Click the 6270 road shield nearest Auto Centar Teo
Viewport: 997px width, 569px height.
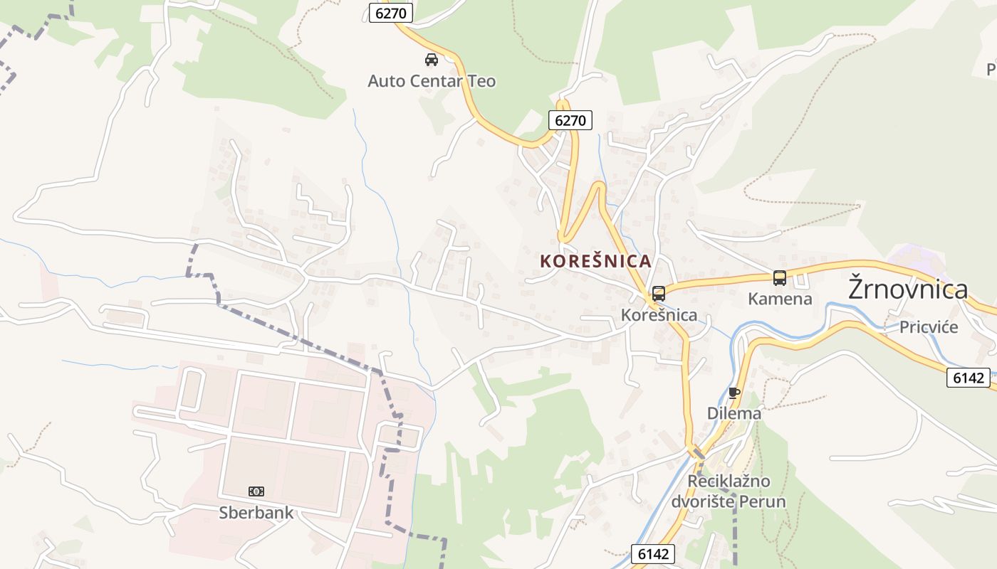(x=391, y=13)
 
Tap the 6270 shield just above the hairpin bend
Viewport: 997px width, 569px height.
(x=570, y=120)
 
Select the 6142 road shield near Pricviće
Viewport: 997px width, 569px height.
(x=969, y=378)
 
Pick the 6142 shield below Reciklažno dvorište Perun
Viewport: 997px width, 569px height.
(x=653, y=554)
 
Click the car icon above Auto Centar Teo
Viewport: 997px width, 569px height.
(x=432, y=59)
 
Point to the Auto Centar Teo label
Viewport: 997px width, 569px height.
(x=432, y=81)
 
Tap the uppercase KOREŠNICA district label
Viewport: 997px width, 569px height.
(x=596, y=261)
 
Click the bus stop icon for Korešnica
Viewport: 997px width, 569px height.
(x=659, y=293)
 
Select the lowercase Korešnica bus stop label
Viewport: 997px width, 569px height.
(x=659, y=314)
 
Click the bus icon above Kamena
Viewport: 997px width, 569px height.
(x=780, y=278)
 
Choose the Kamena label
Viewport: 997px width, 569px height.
(x=780, y=299)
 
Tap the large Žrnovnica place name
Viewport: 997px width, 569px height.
(x=909, y=289)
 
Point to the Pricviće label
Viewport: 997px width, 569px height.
(x=929, y=327)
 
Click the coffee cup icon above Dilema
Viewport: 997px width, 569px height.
(x=734, y=393)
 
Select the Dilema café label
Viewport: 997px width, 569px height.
(x=734, y=413)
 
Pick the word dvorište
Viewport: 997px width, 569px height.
(x=704, y=501)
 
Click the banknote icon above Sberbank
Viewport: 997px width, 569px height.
(x=256, y=491)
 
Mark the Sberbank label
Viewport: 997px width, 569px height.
(x=256, y=512)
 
